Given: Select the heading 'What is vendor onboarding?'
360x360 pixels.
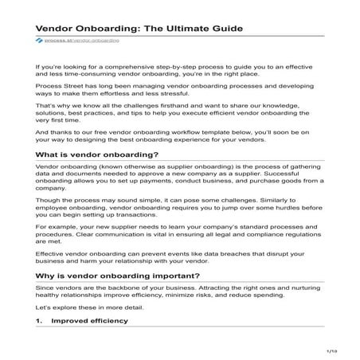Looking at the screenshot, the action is point(96,154).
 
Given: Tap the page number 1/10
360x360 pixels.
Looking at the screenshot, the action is point(332,350).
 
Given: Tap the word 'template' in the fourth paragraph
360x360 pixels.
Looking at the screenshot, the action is point(213,133).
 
